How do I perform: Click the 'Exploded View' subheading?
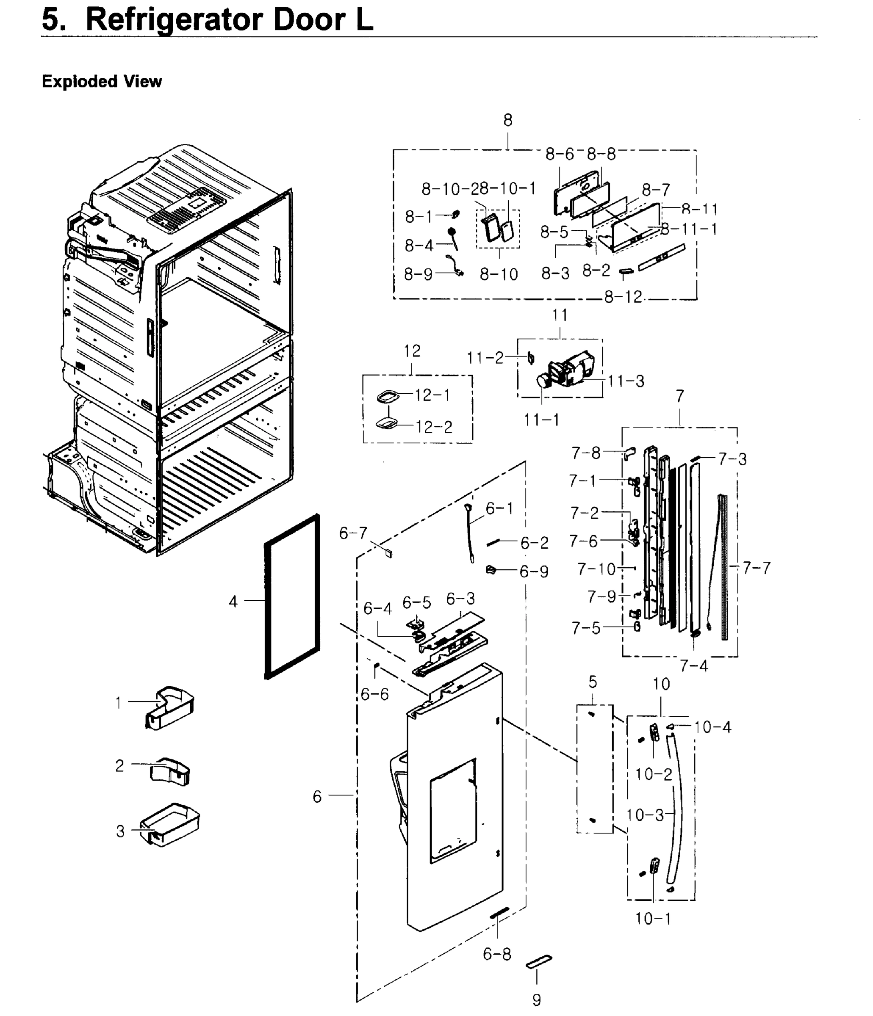point(102,81)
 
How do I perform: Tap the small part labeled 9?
point(538,961)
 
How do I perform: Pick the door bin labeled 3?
point(170,825)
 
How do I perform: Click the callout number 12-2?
point(434,427)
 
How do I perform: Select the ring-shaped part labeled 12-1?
point(388,395)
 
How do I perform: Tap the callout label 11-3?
point(626,381)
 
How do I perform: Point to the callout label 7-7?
point(756,568)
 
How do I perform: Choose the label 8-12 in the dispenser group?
point(623,297)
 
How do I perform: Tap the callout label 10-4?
point(712,727)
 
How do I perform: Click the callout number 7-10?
point(596,569)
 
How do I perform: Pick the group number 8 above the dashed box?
point(508,120)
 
